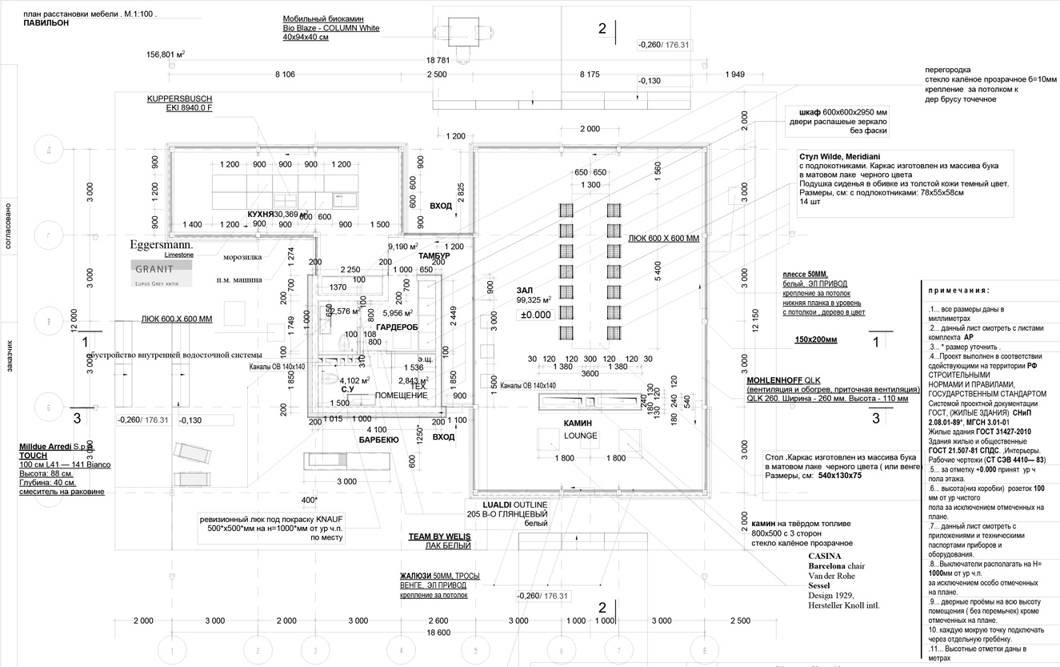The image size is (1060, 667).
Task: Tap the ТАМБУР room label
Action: (434, 255)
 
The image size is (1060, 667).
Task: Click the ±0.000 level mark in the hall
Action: (536, 315)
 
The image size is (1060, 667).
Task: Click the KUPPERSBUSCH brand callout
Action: (179, 98)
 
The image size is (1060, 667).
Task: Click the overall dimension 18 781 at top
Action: (438, 60)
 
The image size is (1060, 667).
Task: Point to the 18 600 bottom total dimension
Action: (438, 633)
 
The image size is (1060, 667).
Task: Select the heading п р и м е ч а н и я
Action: (959, 290)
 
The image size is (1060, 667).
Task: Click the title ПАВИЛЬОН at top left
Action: (46, 23)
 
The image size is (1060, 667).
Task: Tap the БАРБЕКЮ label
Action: (378, 440)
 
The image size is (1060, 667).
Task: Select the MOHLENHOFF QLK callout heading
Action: (783, 380)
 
